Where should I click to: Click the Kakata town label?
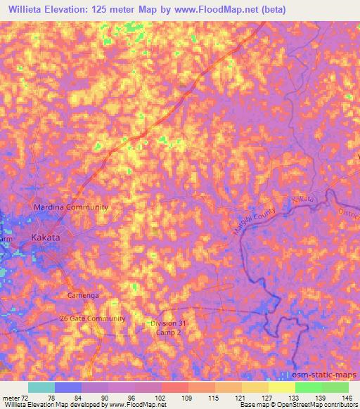(x=46, y=238)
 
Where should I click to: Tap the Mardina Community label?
(x=71, y=207)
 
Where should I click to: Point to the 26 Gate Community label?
(x=92, y=318)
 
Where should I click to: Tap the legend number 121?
(x=242, y=397)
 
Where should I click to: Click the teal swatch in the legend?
(x=41, y=387)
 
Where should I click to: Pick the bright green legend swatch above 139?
(x=308, y=387)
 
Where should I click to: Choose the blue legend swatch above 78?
(x=68, y=387)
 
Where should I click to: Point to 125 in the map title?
(x=114, y=9)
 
